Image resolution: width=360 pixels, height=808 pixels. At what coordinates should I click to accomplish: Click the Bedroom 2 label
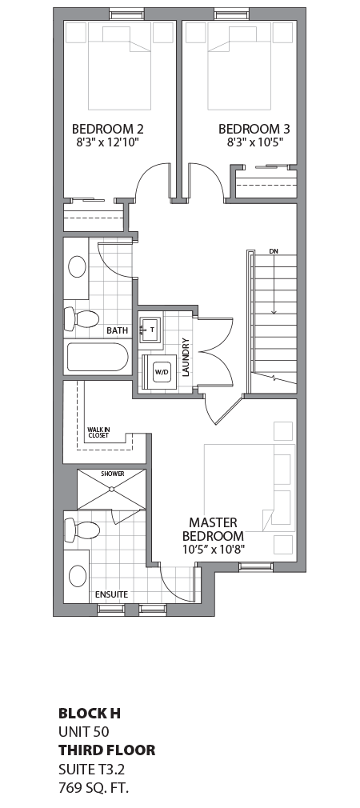click(107, 129)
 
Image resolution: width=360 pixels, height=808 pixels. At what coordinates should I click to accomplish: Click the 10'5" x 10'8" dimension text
click(212, 550)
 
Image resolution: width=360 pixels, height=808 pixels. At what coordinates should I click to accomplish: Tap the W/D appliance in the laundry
click(161, 371)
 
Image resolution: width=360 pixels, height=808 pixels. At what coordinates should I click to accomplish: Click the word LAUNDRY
click(185, 357)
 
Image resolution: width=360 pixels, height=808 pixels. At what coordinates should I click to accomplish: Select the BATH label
click(117, 330)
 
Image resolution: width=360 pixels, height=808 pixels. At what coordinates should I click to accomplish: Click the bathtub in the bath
click(96, 357)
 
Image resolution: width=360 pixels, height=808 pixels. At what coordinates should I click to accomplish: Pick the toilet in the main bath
click(81, 319)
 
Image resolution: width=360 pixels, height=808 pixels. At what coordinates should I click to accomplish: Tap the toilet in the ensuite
click(82, 529)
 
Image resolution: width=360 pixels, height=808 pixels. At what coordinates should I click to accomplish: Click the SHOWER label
click(112, 474)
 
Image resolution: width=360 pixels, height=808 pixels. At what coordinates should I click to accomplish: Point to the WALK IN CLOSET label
click(99, 433)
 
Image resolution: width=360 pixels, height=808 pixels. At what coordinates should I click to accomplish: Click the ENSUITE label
click(111, 594)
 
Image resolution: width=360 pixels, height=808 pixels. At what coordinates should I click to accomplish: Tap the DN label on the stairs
click(273, 251)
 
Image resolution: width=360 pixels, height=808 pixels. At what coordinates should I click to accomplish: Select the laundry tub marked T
click(150, 329)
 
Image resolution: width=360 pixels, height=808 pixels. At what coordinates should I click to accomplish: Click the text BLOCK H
click(89, 713)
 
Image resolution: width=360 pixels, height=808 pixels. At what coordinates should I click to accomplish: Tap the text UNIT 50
click(83, 731)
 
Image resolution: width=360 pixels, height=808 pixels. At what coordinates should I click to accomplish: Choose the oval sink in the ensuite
click(78, 576)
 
